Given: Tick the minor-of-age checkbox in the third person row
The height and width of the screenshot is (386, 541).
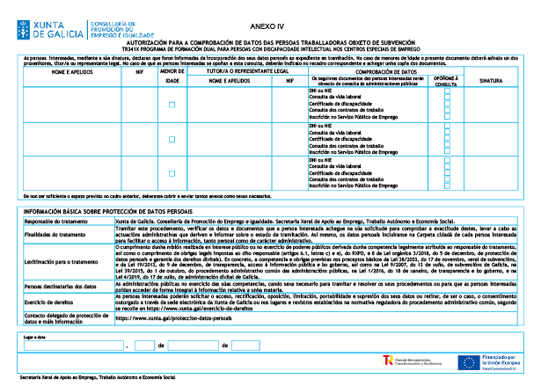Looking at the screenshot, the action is coord(172,173).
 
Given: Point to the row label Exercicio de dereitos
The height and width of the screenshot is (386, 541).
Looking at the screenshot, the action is coord(49,300).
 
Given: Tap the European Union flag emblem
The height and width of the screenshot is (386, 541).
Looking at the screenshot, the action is coord(469,361).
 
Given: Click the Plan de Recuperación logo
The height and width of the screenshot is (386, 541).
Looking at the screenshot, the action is coord(390,361).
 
